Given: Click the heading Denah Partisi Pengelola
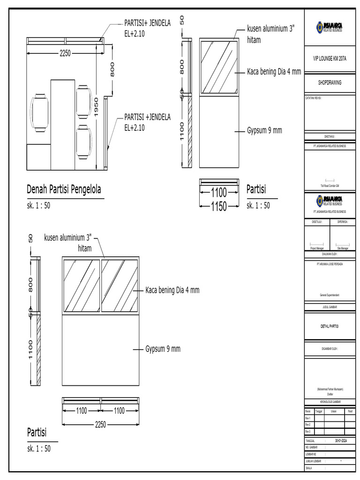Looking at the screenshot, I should point(64,190).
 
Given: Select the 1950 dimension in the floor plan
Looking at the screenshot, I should point(96,108).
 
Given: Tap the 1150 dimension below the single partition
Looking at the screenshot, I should point(218,206).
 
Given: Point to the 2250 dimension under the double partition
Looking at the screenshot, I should point(100,424).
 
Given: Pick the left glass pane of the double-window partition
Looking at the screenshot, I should point(82,285).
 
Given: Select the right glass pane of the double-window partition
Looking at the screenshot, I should point(120,285).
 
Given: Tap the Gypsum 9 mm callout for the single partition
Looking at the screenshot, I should point(264,130).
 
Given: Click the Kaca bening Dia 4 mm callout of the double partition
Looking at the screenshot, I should point(172,290).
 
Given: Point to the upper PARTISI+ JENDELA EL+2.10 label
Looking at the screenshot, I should point(147,28).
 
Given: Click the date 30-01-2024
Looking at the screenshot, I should point(341,441).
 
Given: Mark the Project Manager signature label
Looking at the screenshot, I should point(317,248).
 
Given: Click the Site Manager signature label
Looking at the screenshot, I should point(343,248).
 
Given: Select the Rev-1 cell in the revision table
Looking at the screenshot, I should point(308,418).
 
